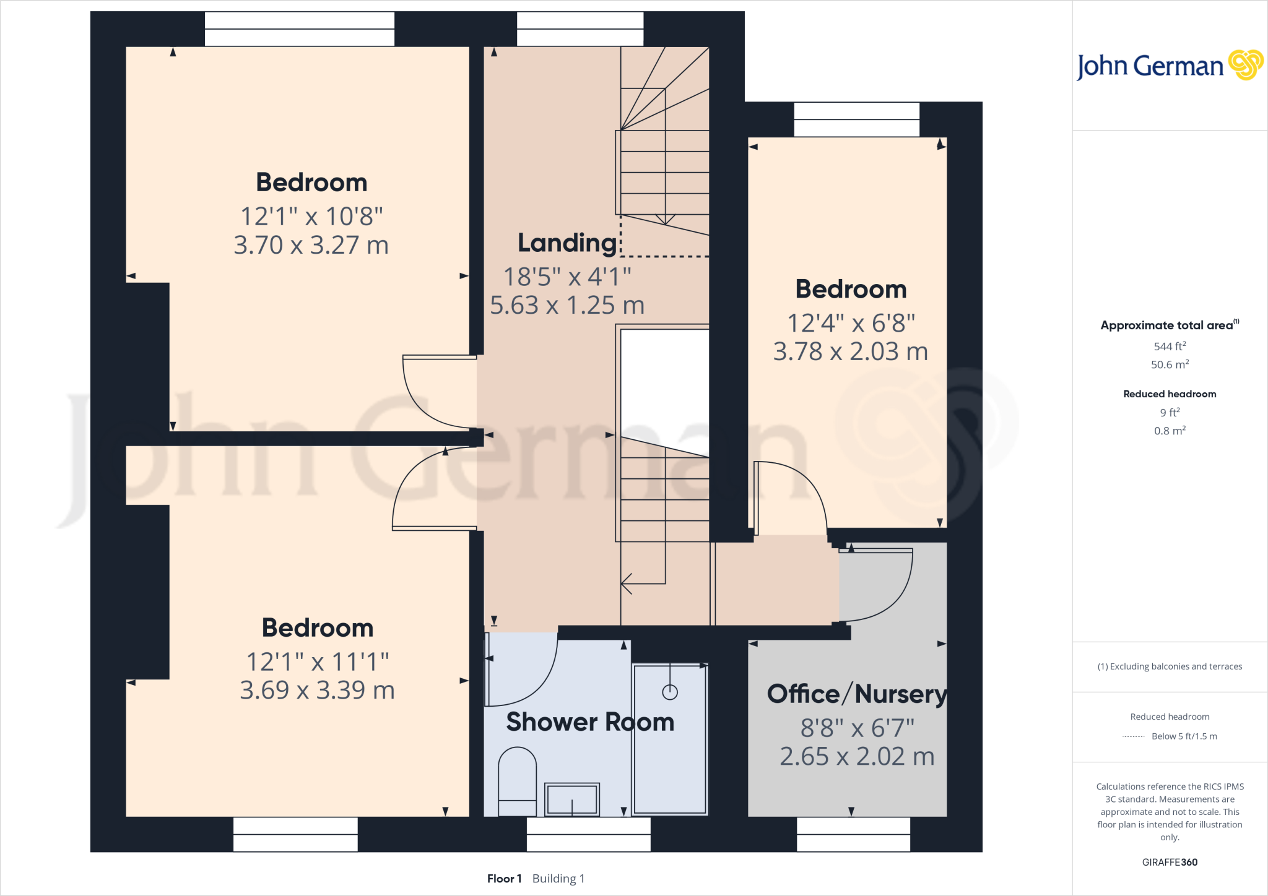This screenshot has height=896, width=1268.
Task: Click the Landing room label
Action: (x=567, y=243)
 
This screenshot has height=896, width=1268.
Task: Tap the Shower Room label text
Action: (x=590, y=722)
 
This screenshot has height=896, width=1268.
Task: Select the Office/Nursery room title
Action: (x=857, y=694)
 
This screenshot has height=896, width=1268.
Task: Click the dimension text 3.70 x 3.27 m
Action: (x=311, y=245)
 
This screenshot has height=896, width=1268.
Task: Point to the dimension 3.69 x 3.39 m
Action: (x=317, y=690)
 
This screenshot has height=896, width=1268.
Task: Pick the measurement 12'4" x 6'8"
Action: (x=851, y=323)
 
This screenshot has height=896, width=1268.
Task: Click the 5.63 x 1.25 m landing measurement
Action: (x=567, y=305)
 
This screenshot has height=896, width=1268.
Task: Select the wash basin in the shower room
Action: (x=571, y=799)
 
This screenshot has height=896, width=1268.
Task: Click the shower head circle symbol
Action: (x=670, y=692)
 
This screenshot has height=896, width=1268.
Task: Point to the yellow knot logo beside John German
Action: (x=1245, y=65)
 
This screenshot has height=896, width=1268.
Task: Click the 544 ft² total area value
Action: (x=1170, y=347)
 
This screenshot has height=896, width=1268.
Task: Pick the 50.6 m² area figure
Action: (x=1170, y=364)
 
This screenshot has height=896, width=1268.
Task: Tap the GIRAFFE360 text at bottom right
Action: (x=1170, y=862)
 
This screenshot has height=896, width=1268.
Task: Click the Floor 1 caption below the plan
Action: (x=504, y=879)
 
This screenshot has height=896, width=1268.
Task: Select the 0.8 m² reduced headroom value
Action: (x=1170, y=431)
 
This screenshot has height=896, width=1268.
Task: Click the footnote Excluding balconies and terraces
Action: (x=1170, y=666)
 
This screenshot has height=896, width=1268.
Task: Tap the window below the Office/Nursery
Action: (x=853, y=834)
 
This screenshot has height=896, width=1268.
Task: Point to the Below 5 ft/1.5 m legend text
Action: (x=1184, y=736)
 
